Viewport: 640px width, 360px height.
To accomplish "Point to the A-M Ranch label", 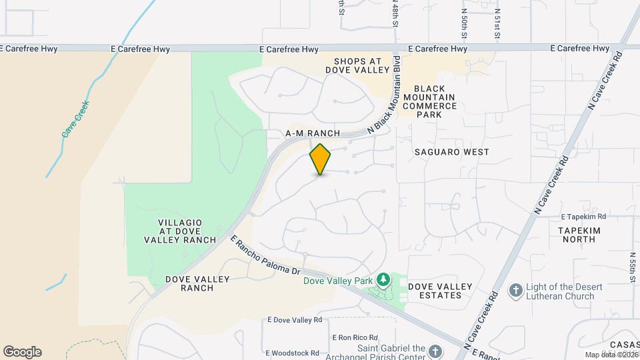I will click(313, 133).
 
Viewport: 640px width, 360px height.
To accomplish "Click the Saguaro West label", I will click(451, 152).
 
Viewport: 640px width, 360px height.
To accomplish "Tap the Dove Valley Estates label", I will click(440, 291).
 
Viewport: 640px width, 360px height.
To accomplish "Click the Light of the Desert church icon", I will click(515, 291).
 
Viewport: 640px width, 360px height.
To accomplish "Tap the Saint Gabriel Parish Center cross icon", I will click(435, 351).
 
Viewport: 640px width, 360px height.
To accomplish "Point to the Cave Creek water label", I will click(75, 119).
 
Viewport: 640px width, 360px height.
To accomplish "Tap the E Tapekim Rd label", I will click(583, 217).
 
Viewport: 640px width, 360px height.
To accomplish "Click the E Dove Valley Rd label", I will click(295, 321).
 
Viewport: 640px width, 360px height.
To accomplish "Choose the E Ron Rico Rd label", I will click(355, 337).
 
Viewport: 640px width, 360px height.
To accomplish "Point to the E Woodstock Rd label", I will click(294, 353).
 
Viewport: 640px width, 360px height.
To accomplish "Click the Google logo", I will click(22, 352).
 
